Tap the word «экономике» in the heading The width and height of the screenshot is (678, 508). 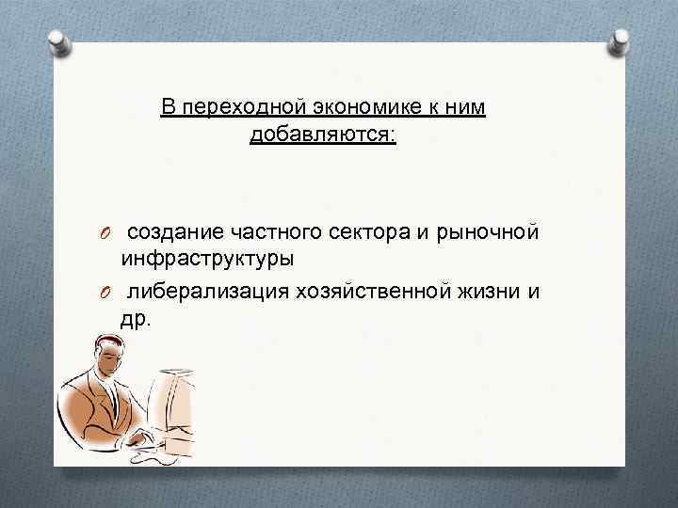tap(345, 107)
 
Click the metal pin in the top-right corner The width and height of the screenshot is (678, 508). tap(621, 40)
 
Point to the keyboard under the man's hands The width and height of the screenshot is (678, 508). tap(151, 443)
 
